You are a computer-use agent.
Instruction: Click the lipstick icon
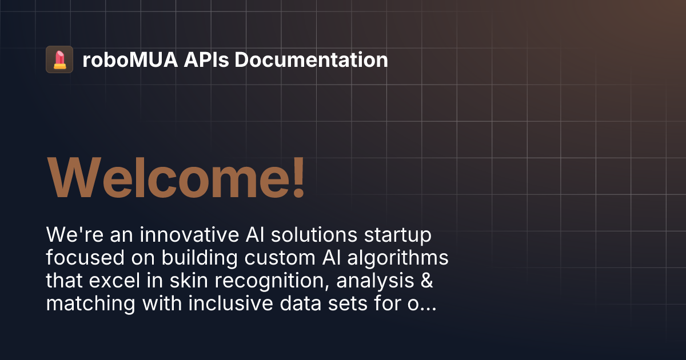coord(59,59)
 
